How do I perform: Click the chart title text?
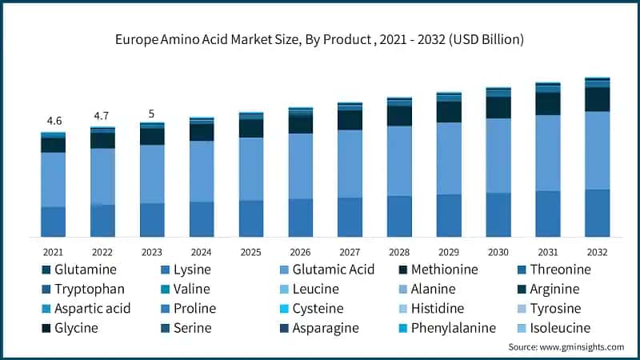pyautogui.click(x=320, y=38)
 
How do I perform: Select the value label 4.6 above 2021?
pyautogui.click(x=54, y=121)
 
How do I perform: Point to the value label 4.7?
pyautogui.click(x=102, y=116)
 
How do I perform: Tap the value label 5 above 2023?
pyautogui.click(x=152, y=113)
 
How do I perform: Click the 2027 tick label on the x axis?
pyautogui.click(x=350, y=252)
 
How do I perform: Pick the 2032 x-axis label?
pyautogui.click(x=597, y=252)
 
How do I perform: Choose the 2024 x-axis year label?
pyautogui.click(x=202, y=252)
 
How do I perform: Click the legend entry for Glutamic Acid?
pyautogui.click(x=333, y=270)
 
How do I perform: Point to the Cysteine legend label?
pyautogui.click(x=318, y=308)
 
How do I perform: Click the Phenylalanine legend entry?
pyautogui.click(x=454, y=327)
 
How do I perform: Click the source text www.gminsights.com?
pyautogui.click(x=566, y=346)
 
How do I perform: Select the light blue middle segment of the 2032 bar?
pyautogui.click(x=597, y=150)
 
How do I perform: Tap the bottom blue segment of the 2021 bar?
pyautogui.click(x=54, y=222)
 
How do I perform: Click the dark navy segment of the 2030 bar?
pyautogui.click(x=498, y=107)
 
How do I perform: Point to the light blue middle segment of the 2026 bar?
pyautogui.click(x=300, y=166)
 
